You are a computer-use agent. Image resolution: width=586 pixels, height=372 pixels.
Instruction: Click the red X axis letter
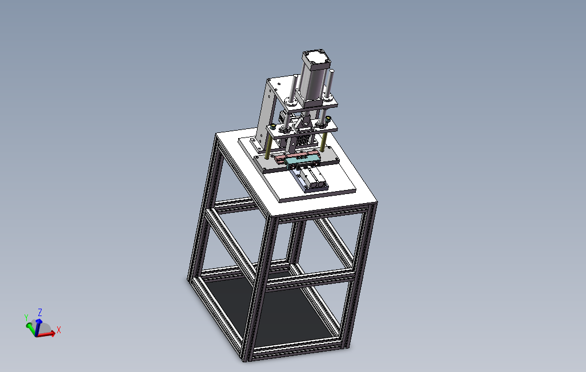[59, 330]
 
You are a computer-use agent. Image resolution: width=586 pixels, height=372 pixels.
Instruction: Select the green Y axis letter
[26, 317]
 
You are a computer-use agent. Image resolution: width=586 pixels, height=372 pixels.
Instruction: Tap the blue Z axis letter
[39, 312]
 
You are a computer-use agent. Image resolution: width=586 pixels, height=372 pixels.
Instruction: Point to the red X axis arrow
[46, 334]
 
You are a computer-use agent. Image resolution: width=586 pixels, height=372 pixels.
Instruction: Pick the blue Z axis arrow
[38, 326]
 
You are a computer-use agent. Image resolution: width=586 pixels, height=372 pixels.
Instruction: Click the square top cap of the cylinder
[316, 60]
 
